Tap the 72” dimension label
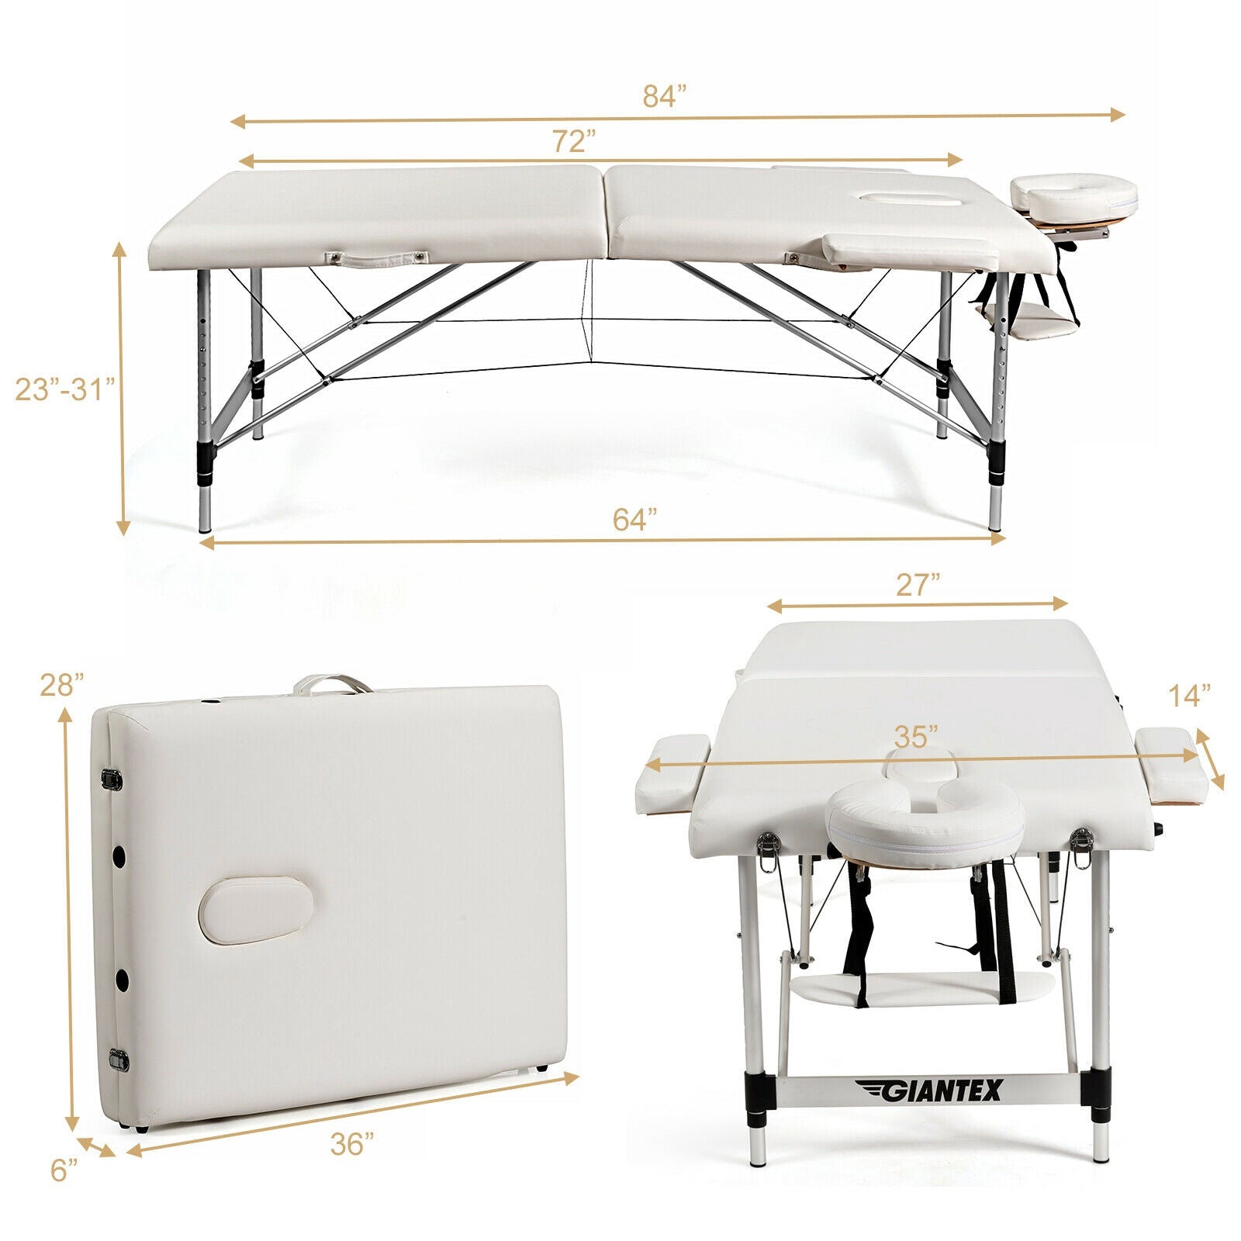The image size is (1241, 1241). click(574, 141)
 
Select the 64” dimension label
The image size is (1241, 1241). click(635, 519)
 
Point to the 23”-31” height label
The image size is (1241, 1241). click(64, 388)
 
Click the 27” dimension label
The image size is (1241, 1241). click(918, 585)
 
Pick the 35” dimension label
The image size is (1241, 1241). click(915, 735)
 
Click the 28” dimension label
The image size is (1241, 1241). click(62, 685)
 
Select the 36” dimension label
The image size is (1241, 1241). click(353, 1143)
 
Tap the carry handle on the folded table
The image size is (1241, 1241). click(332, 684)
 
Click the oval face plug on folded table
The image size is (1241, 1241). click(256, 910)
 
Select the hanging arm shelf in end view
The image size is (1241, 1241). click(921, 988)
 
